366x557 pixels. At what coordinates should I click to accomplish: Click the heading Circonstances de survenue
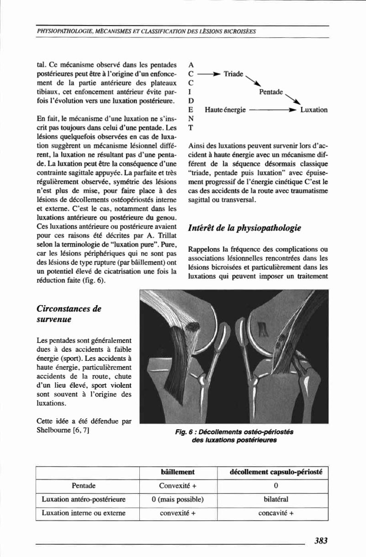point(69,314)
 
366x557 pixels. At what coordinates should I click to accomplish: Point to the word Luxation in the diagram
point(314,110)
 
